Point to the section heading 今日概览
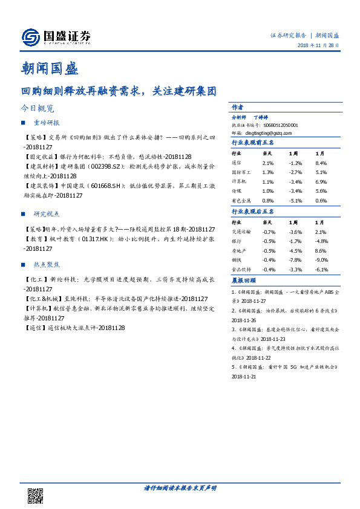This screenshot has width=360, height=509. tap(38, 109)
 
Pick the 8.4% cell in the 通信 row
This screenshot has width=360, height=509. tap(321, 163)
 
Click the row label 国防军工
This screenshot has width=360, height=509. tap(241, 173)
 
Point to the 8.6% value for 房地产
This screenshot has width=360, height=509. tap(321, 250)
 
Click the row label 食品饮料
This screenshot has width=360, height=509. tap(241, 270)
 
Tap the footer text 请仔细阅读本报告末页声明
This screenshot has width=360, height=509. tap(180, 487)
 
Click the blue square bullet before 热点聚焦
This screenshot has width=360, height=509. tap(23, 265)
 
